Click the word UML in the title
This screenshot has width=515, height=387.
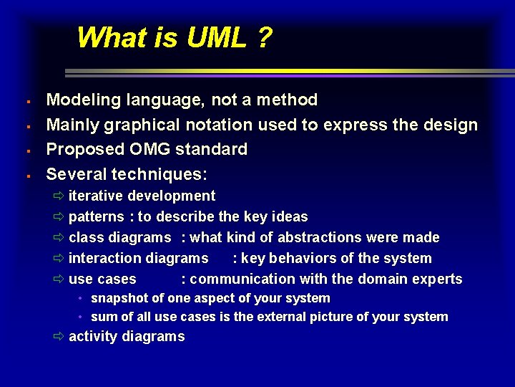pyautogui.click(x=217, y=37)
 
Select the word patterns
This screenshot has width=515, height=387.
pyautogui.click(x=96, y=217)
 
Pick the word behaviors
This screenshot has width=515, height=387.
pyautogui.click(x=303, y=258)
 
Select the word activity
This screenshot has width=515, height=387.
pyautogui.click(x=93, y=337)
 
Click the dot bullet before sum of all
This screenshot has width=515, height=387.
pyautogui.click(x=82, y=317)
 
